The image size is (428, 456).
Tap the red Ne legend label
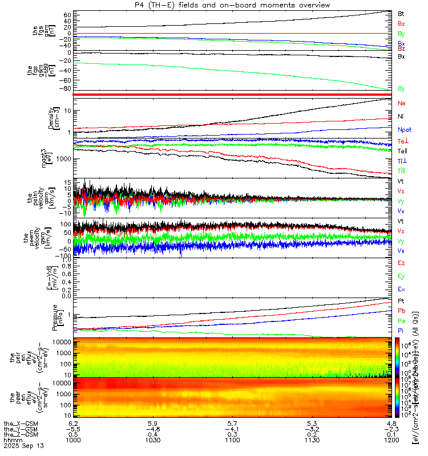pos(402,103)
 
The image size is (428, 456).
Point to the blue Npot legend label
pos(404,129)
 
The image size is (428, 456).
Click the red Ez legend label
pos(401,263)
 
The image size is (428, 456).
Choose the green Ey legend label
pos(401,276)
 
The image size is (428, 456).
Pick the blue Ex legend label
pos(401,290)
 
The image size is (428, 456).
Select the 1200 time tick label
pos(391,441)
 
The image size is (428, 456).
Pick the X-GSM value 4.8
pos(391,424)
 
